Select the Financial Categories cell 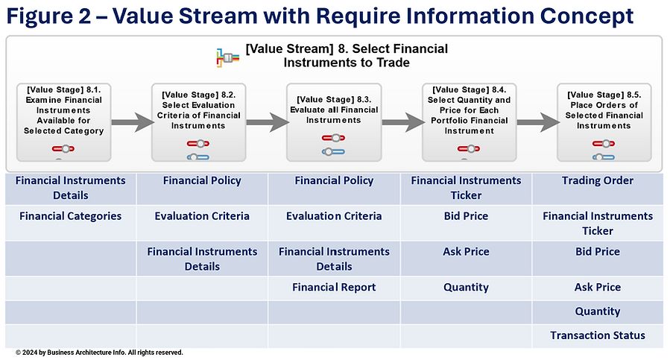(x=71, y=216)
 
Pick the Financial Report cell (x=334, y=287)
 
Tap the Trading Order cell (x=598, y=180)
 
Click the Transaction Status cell (x=598, y=335)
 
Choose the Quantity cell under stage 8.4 (x=466, y=287)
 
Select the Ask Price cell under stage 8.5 (x=598, y=287)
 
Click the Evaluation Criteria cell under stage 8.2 (x=202, y=216)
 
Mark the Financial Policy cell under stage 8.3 (x=334, y=180)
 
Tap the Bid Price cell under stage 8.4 (x=466, y=216)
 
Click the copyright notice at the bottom (x=99, y=353)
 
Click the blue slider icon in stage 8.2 (x=199, y=157)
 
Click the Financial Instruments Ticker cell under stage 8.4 (x=466, y=188)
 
